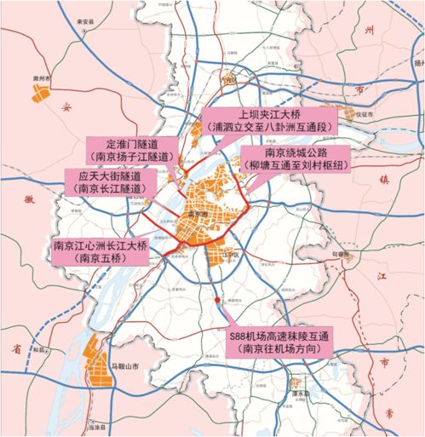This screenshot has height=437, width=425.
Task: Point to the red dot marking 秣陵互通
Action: (x=222, y=302)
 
